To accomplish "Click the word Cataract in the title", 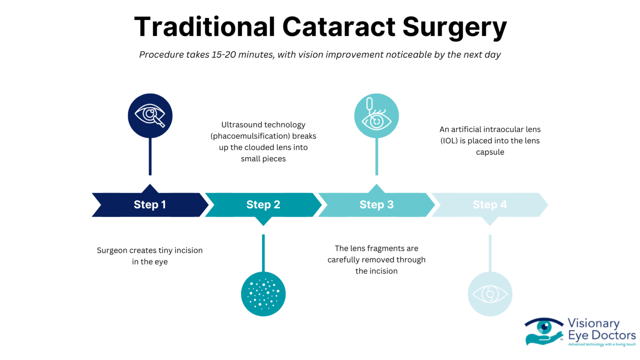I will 338,27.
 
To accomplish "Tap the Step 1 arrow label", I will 150,205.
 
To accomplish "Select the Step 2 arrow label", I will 263,205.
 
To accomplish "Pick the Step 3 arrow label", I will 376,205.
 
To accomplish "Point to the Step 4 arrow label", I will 490,205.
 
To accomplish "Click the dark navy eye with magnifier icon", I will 150,115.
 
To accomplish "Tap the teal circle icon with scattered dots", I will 263,294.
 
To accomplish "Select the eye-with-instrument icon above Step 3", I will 376,115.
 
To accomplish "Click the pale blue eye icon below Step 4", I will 490,294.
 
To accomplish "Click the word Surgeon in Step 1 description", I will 112,250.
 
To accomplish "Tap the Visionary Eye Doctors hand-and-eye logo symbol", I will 543,332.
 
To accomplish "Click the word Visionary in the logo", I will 593,323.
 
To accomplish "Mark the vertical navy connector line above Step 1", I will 150,156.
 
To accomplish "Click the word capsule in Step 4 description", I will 490,152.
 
